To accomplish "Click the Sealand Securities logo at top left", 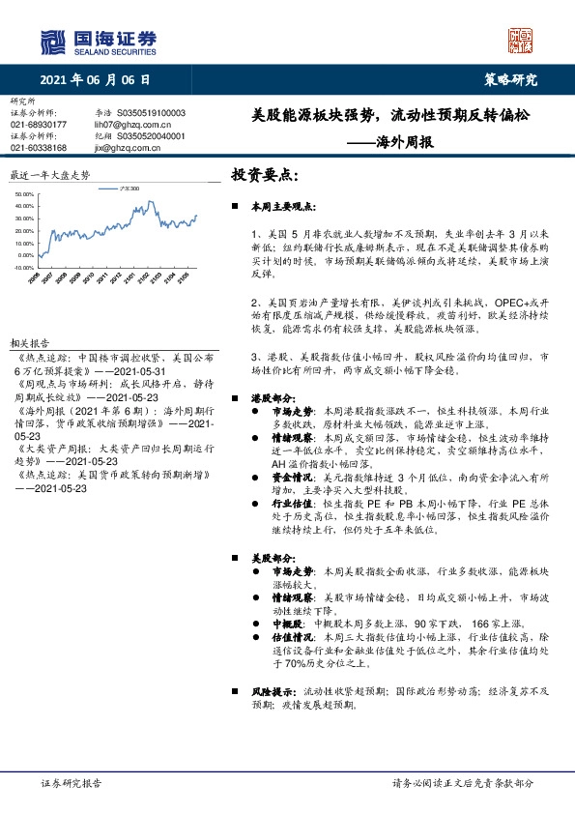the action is [x=98, y=40].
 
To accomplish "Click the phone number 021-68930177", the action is [x=38, y=125].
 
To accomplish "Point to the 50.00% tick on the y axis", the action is [x=26, y=195].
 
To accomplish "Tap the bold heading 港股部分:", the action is [x=273, y=397].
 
